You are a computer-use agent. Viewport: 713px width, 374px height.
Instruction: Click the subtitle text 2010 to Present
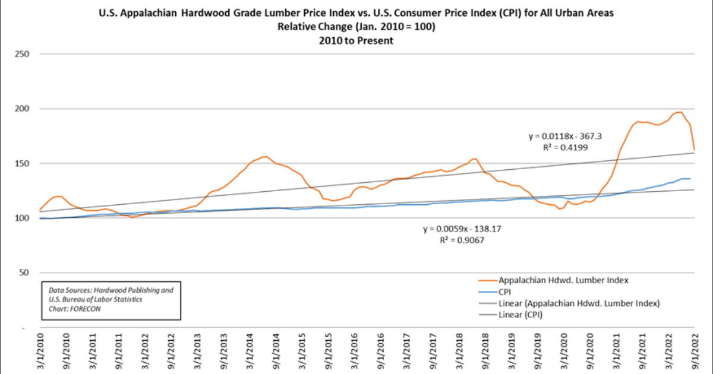(356, 41)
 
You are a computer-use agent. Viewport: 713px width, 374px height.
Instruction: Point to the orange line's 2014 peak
(265, 157)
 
